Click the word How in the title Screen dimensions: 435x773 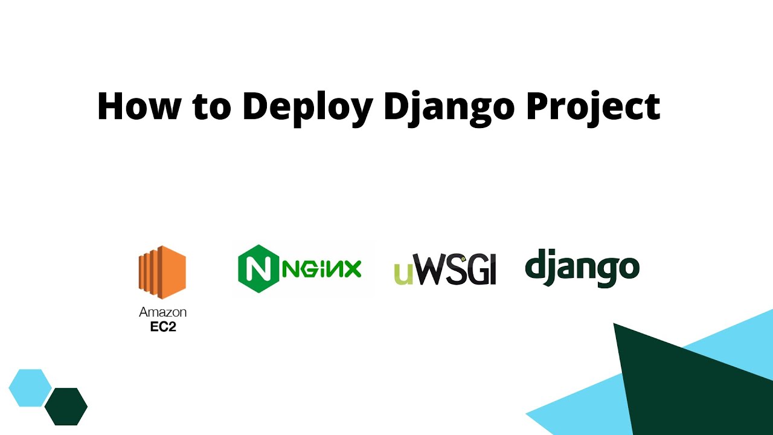(x=139, y=106)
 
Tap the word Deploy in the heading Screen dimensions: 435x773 (x=307, y=108)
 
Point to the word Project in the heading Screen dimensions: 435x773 (x=593, y=108)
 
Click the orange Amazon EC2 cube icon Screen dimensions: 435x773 (x=162, y=272)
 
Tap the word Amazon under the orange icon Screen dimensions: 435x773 (x=162, y=312)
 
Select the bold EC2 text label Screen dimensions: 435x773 (x=162, y=327)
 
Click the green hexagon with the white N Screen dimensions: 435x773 (x=258, y=269)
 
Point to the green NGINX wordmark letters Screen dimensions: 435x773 (x=322, y=269)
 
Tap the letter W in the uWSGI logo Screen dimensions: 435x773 (x=429, y=270)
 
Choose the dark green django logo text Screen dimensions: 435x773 (x=582, y=268)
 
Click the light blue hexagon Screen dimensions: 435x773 (x=30, y=387)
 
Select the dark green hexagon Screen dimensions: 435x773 (x=66, y=406)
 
